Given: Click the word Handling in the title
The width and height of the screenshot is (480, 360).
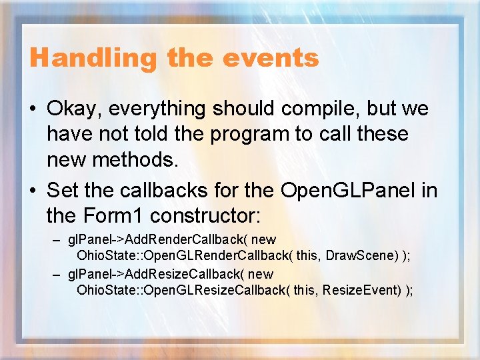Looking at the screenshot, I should click(93, 58).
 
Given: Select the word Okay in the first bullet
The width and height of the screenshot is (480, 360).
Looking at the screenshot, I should click(74, 109).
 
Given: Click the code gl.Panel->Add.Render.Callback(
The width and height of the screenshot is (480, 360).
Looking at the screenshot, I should click(156, 239).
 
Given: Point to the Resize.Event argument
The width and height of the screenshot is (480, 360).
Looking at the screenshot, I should click(363, 290).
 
